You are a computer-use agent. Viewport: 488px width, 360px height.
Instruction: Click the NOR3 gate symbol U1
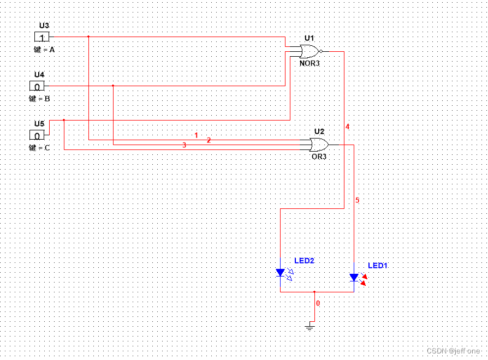click(x=309, y=52)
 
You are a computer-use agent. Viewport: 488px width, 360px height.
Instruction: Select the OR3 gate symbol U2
click(x=318, y=145)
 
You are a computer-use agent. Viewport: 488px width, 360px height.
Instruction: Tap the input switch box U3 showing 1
click(x=41, y=37)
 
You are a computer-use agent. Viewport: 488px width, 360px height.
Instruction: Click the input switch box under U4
click(x=37, y=86)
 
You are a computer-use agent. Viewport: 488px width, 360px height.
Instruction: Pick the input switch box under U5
click(x=37, y=135)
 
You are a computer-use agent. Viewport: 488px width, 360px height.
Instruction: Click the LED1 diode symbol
click(x=354, y=278)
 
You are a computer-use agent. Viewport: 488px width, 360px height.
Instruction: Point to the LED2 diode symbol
click(x=281, y=272)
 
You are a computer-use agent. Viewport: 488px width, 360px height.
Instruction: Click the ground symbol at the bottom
click(x=310, y=326)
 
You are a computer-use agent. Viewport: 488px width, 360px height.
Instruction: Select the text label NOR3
click(x=309, y=63)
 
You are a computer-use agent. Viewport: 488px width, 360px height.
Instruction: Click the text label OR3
click(x=319, y=157)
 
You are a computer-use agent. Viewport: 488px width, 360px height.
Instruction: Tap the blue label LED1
click(x=377, y=266)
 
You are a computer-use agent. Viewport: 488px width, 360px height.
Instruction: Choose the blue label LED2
click(x=304, y=261)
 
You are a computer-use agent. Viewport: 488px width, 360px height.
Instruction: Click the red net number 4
click(x=347, y=127)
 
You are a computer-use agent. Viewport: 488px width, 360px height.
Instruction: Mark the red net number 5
click(x=357, y=200)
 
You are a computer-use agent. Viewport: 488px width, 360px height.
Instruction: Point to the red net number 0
click(x=318, y=303)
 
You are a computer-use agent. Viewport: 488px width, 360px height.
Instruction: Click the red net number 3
click(x=185, y=145)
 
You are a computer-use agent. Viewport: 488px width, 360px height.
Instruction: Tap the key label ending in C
click(x=39, y=147)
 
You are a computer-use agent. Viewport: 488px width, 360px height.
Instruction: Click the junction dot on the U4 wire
click(x=113, y=86)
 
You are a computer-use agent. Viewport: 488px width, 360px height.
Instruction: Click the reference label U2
click(x=319, y=131)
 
